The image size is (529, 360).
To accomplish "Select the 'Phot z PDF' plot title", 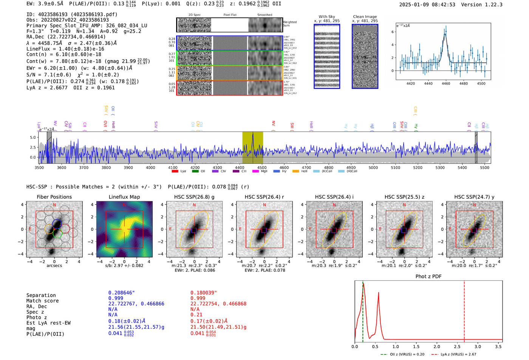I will coord(428,277).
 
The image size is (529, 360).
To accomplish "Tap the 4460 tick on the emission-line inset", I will coord(446,83).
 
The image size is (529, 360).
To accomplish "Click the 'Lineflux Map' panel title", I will coord(124,197).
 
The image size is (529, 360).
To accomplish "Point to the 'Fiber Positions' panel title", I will coord(54,197).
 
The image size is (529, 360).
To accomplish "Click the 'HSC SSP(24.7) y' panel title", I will coord(474,197).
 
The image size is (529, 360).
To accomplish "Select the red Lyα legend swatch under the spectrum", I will coord(175,172).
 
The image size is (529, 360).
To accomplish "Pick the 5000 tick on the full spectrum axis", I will coord(373,167).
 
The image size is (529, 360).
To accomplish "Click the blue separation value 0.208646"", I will coord(121,293).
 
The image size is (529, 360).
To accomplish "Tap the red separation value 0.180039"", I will coord(203,293).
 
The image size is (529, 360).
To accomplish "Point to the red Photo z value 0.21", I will coord(196,315).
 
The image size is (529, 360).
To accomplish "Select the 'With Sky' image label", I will coord(327,17).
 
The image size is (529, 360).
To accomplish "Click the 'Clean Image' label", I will coord(365,17).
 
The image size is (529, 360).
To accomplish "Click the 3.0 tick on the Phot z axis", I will coord(478,346).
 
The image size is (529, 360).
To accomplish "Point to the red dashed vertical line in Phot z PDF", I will coord(464,310).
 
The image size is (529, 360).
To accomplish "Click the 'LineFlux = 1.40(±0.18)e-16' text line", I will coord(65,49).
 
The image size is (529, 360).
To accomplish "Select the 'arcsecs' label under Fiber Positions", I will coord(54,266).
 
